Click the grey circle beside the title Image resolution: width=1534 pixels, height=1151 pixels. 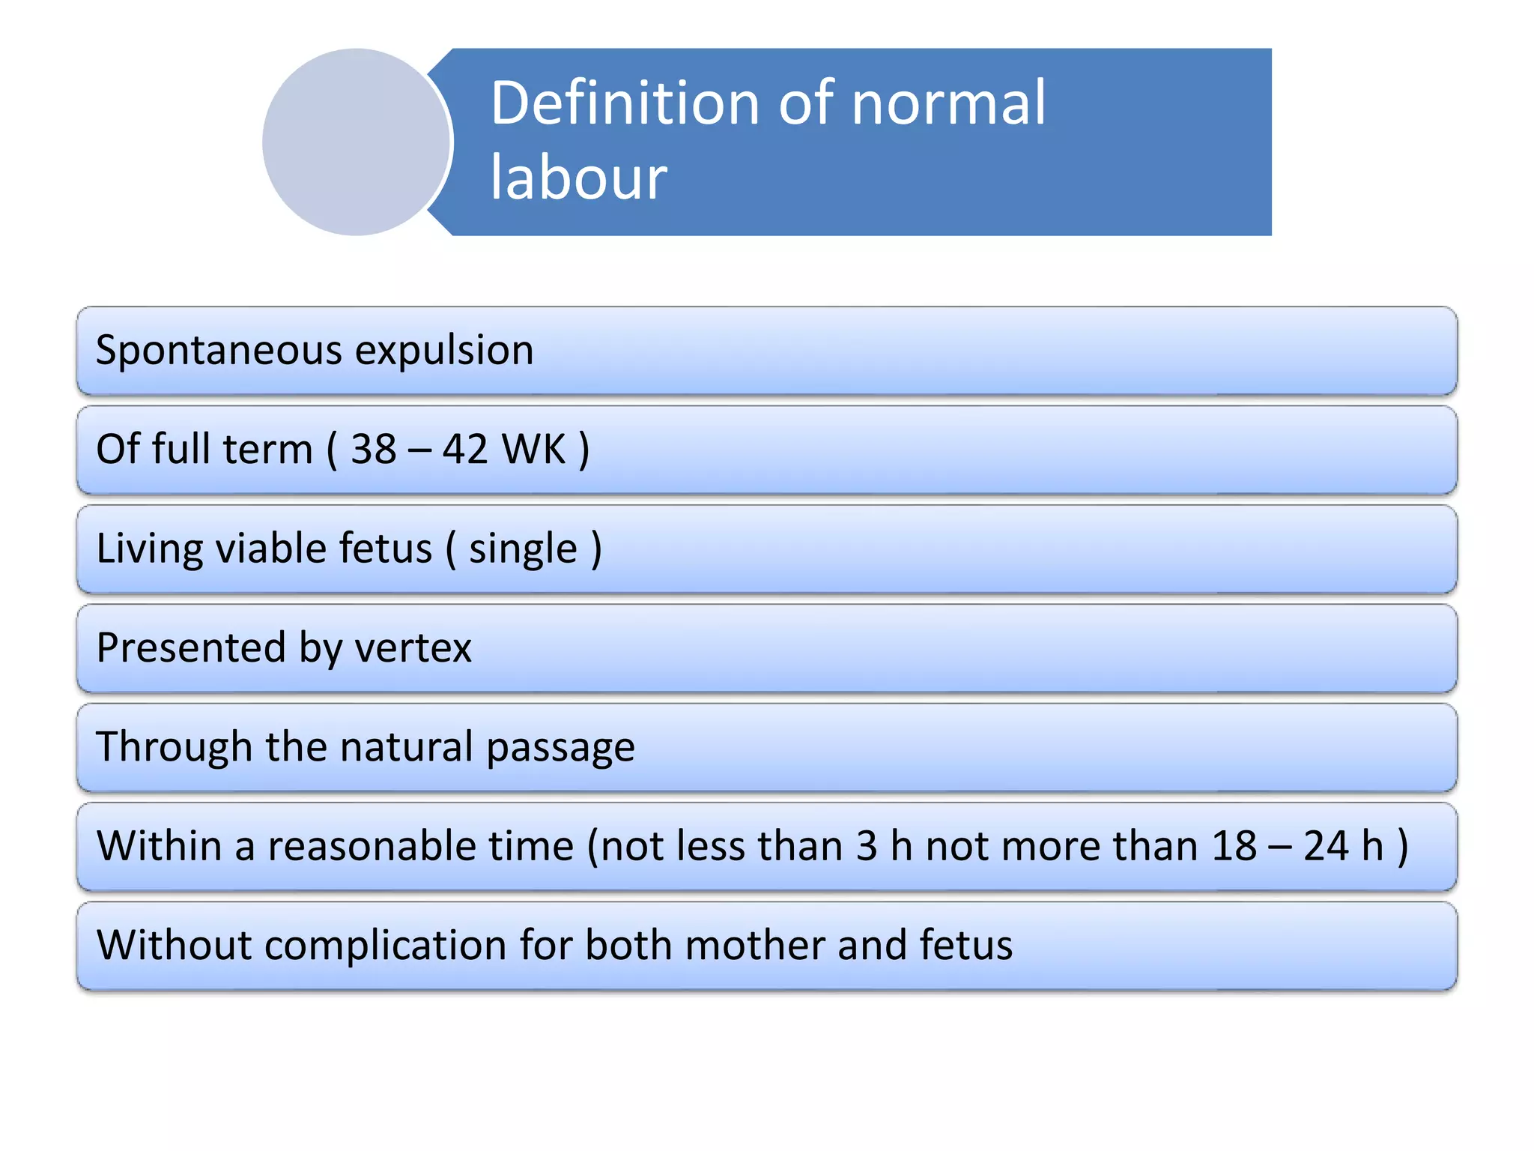tap(357, 142)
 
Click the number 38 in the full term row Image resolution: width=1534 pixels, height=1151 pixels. tap(374, 450)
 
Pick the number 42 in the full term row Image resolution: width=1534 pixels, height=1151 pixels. tap(465, 450)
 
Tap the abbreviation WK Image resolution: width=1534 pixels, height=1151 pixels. tap(533, 450)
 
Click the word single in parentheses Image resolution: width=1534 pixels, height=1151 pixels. tap(523, 549)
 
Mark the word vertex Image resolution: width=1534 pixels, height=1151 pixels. tap(413, 647)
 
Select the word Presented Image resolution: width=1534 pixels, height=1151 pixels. tap(192, 647)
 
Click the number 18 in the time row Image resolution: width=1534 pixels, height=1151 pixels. tap(1234, 846)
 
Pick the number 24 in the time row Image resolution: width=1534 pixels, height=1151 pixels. tap(1327, 846)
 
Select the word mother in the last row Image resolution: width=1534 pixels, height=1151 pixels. tap(755, 945)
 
